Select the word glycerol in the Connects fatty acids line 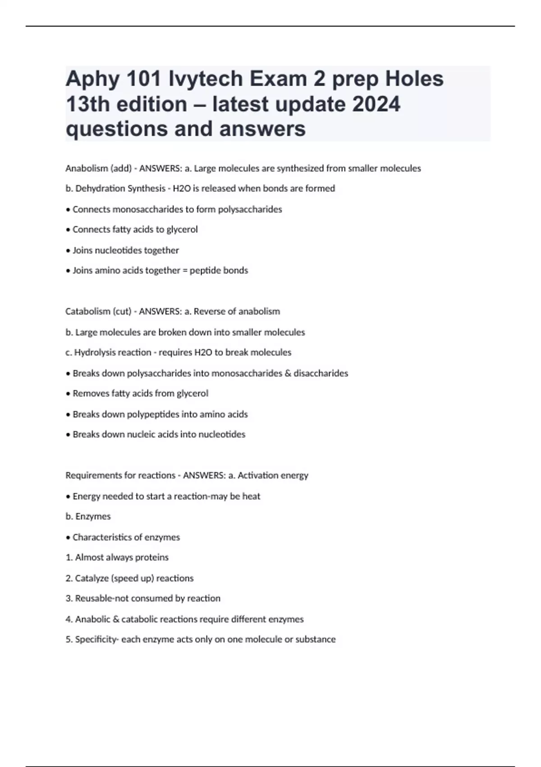click(x=182, y=230)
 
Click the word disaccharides click(x=321, y=373)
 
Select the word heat click(x=251, y=496)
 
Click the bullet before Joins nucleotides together click(x=68, y=250)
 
